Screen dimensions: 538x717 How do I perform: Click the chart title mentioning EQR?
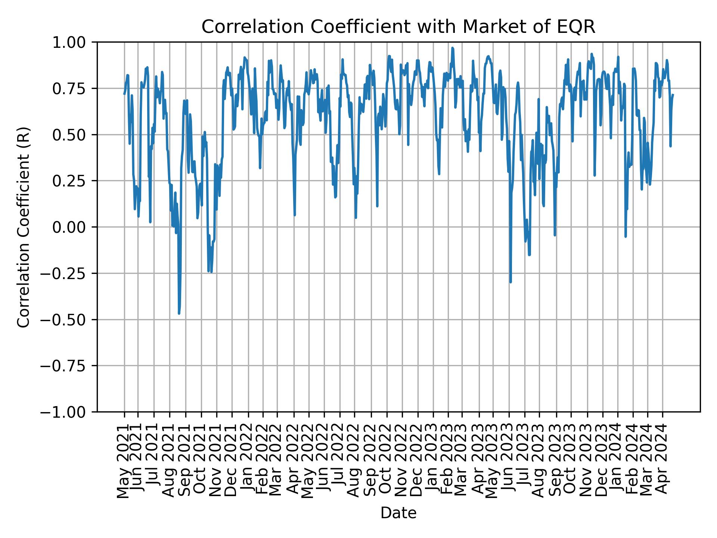[398, 27]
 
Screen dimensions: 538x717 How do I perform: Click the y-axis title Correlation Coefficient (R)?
[24, 227]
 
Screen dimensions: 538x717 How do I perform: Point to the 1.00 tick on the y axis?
[74, 42]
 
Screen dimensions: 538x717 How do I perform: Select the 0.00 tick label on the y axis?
[74, 227]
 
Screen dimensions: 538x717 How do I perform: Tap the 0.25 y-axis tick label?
[74, 181]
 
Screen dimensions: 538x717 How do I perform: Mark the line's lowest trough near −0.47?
[179, 313]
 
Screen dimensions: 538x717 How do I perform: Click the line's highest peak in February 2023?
[453, 48]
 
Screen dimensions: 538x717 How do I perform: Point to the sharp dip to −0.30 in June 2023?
[510, 282]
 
